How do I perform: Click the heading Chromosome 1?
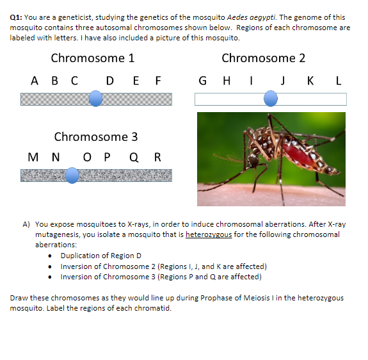(92, 58)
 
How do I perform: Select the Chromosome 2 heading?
(263, 58)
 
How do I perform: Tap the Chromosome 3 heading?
(95, 136)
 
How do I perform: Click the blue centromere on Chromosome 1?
(95, 98)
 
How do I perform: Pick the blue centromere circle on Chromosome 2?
(271, 98)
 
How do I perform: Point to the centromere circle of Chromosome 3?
(72, 175)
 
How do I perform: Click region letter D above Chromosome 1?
(110, 81)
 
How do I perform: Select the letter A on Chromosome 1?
(34, 81)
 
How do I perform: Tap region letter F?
(157, 81)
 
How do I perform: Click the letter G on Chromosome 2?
(203, 81)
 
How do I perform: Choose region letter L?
(339, 81)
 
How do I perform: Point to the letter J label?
(282, 81)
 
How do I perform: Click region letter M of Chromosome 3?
(33, 158)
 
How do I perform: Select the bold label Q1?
(16, 17)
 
